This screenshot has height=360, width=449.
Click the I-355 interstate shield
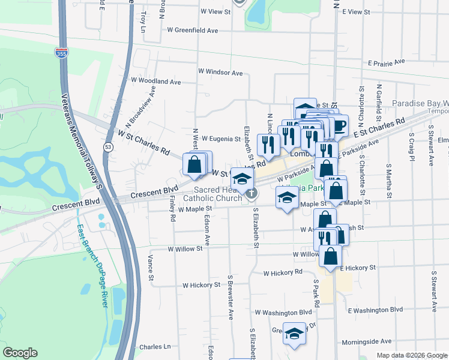point(61,53)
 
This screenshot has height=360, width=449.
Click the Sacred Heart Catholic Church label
point(212,194)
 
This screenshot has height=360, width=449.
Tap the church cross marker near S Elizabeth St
point(252,193)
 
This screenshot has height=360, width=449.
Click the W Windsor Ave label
point(220,72)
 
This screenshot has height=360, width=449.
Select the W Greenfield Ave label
point(192,29)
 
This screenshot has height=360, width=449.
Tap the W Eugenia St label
point(220,139)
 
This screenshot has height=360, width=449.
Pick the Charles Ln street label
point(155,347)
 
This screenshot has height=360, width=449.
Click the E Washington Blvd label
point(376,310)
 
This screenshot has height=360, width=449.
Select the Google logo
point(20,353)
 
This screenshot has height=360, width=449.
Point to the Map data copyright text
point(411,355)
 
